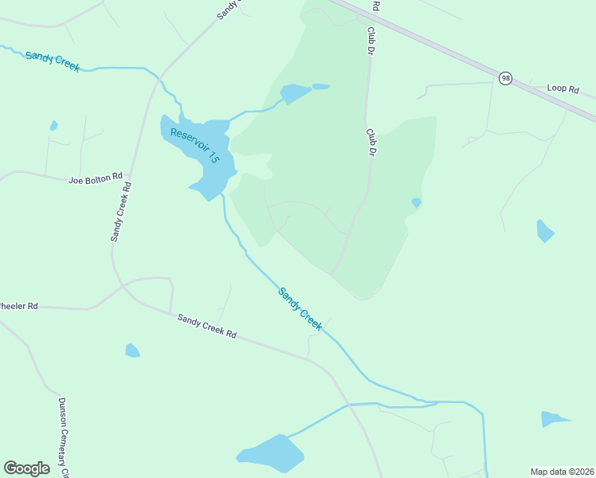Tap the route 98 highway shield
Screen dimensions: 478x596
pyautogui.click(x=505, y=78)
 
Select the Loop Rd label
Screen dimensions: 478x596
pyautogui.click(x=563, y=89)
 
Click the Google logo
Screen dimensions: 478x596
pyautogui.click(x=26, y=468)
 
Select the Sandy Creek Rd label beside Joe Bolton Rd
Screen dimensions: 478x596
pyautogui.click(x=121, y=212)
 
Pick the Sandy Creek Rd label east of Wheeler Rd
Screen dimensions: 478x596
pyautogui.click(x=207, y=325)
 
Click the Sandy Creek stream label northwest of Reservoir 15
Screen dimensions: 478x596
pyautogui.click(x=53, y=61)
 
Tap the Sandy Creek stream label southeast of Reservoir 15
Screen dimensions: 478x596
pyautogui.click(x=300, y=308)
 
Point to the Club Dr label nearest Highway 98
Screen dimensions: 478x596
pyautogui.click(x=371, y=38)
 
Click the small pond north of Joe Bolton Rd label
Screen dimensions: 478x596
pyautogui.click(x=53, y=126)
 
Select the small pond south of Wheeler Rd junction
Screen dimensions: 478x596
pyautogui.click(x=132, y=351)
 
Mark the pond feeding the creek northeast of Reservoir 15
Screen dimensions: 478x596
pyautogui.click(x=295, y=93)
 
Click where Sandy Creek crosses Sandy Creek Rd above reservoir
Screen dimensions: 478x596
pyautogui.click(x=161, y=80)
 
